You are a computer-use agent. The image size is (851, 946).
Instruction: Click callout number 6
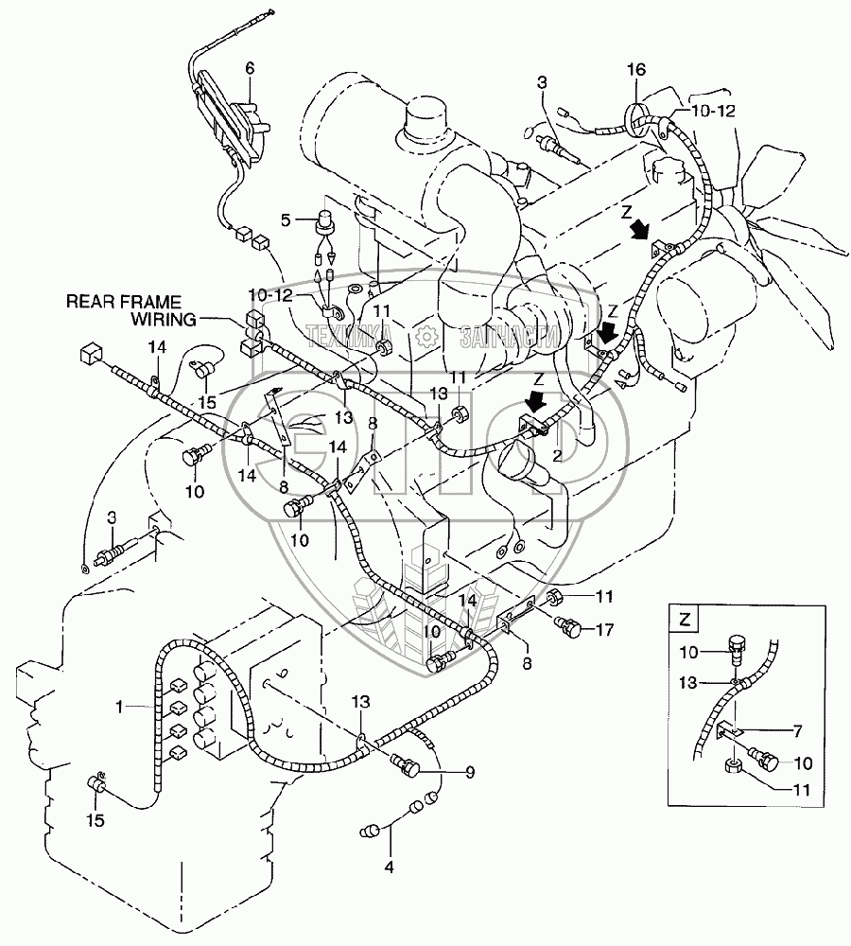250,67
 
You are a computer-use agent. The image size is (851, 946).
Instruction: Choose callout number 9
470,771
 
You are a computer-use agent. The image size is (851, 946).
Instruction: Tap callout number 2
559,455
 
